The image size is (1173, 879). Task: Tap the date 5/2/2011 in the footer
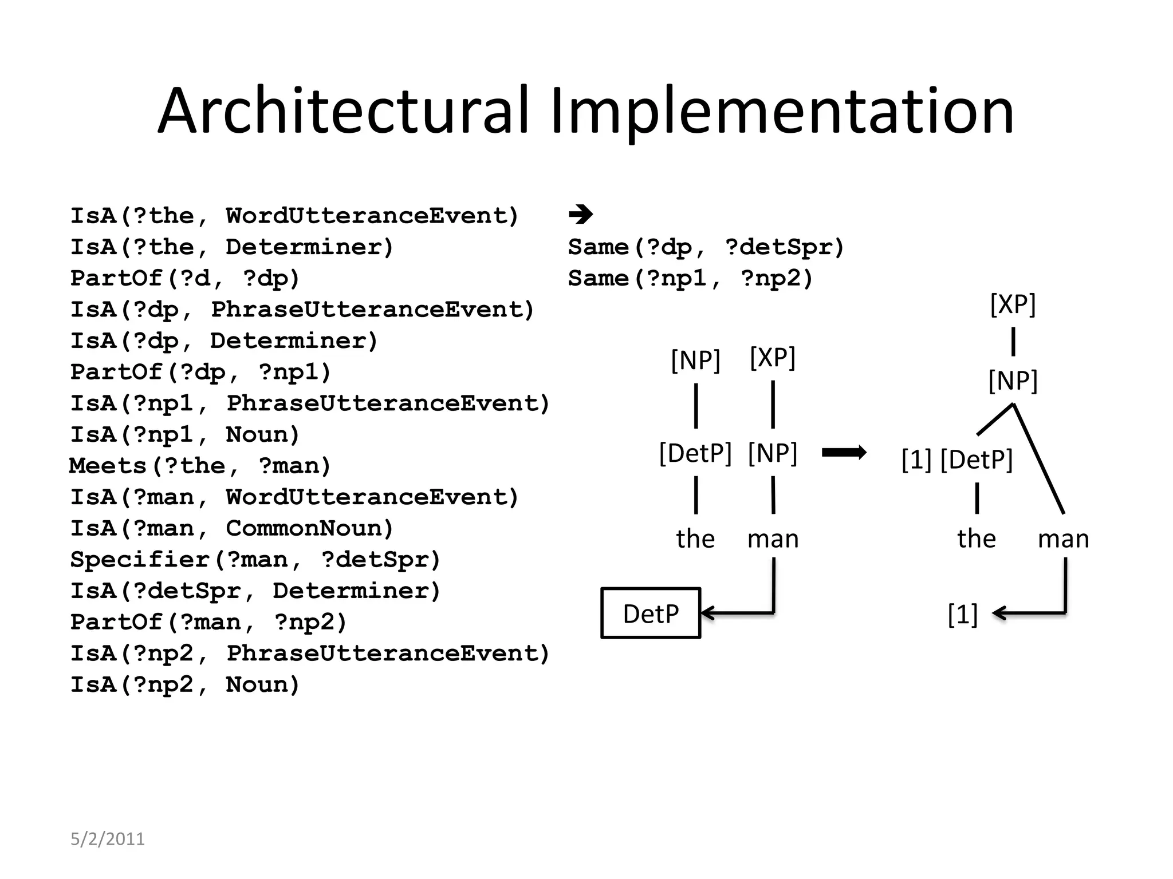(x=107, y=839)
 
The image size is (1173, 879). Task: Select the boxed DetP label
(x=651, y=613)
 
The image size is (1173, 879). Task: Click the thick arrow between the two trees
(x=844, y=453)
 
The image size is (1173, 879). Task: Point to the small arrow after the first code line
(x=581, y=215)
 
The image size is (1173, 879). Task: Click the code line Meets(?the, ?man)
(x=200, y=466)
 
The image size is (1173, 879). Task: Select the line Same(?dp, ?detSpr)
(x=706, y=247)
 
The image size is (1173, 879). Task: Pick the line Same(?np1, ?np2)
(x=690, y=279)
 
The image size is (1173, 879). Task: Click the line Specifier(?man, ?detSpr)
(x=255, y=560)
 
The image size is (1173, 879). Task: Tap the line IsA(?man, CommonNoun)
(x=232, y=528)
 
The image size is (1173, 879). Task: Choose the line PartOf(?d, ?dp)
(x=185, y=279)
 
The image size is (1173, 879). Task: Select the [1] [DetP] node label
(x=957, y=460)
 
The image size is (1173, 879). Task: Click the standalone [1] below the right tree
(x=962, y=614)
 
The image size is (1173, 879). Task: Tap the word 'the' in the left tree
(x=695, y=539)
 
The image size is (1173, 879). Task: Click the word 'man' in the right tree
(x=1063, y=539)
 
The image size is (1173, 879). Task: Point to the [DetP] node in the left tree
(x=695, y=453)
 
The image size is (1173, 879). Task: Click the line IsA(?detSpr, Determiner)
(x=255, y=591)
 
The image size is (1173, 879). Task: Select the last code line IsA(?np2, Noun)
(x=185, y=684)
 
